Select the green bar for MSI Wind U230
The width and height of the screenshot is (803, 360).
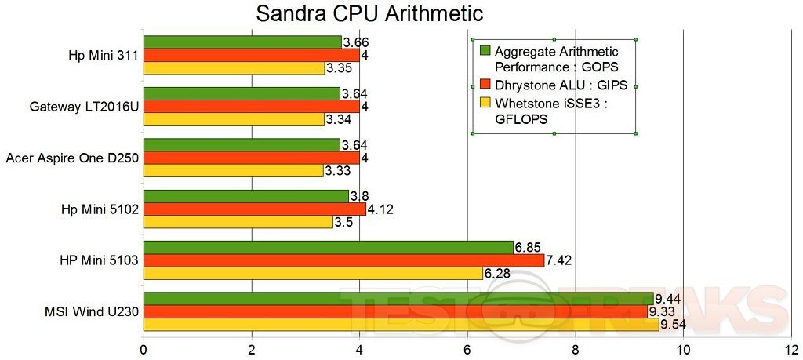pos(398,298)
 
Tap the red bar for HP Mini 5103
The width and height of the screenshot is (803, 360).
pos(343,260)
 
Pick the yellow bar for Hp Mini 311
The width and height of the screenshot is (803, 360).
pos(234,68)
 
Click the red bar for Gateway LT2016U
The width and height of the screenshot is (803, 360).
pos(251,106)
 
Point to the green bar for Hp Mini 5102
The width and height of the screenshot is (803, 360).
pos(245,196)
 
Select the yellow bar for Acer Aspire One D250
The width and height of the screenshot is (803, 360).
pos(233,170)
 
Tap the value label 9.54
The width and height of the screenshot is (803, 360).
pos(674,324)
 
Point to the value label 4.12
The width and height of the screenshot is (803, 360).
pos(382,209)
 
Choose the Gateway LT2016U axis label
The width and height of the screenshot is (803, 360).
pos(84,107)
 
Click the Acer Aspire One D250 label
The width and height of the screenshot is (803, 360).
pos(72,158)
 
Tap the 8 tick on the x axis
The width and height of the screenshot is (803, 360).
pos(576,349)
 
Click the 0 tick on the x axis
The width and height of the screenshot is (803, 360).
pos(144,349)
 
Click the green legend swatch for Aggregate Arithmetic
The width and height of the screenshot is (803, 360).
pos(485,51)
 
